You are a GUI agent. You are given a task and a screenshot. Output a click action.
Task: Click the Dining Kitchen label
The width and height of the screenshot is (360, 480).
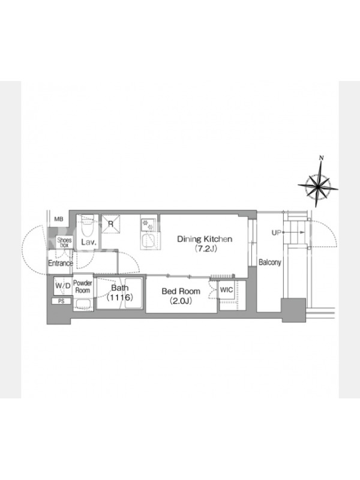pos(205,239)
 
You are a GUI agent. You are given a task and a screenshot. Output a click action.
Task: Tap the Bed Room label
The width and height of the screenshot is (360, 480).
pos(181,291)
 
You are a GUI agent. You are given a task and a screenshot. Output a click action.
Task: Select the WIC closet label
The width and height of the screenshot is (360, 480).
pos(227,290)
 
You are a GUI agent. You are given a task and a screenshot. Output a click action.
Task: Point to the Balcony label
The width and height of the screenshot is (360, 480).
pos(269,262)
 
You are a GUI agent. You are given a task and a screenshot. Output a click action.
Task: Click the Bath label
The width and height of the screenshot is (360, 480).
pos(119,288)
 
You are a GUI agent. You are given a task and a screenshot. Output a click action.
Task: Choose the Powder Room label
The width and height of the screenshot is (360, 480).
pos(83,287)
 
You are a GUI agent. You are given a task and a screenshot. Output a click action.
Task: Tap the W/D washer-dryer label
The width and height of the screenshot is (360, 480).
pos(63,286)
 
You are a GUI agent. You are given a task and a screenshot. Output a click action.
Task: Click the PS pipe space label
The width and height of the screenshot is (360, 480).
pos(61,301)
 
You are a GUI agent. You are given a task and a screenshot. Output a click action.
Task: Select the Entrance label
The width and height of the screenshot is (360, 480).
pos(61,263)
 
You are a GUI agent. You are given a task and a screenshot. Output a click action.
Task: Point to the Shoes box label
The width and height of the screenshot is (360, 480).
pos(64,242)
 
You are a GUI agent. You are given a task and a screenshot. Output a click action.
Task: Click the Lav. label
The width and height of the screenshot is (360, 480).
pos(89,242)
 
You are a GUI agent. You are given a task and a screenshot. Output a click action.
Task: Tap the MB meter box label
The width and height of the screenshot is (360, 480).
pos(59,219)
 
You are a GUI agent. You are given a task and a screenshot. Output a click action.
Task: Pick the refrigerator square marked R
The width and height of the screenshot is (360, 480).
pos(111,224)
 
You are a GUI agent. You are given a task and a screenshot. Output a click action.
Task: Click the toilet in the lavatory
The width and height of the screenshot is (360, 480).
pos(88,227)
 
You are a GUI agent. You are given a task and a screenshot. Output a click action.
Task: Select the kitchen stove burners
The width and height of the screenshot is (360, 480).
pos(148,224)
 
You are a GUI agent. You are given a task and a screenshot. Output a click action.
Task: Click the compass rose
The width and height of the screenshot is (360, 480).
pos(318,185)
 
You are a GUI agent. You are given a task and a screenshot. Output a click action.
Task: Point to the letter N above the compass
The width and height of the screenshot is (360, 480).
pos(322,158)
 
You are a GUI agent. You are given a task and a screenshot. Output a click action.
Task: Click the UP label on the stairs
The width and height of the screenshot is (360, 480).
pos(276,233)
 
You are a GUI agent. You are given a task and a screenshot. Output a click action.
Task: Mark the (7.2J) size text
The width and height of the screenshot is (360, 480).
pos(206,248)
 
